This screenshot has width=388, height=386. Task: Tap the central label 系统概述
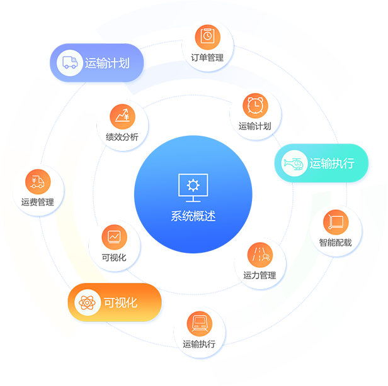193,216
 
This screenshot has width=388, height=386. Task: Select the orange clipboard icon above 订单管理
207,36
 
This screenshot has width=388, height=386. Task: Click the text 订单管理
207,57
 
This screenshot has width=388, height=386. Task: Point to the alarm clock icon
255,104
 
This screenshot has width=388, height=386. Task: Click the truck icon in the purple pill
69,63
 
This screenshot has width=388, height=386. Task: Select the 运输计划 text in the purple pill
107,63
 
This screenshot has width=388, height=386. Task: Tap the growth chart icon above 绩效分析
122,116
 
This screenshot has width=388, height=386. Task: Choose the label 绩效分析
122,136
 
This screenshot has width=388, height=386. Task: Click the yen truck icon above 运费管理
38,181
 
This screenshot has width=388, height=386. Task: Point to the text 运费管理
38,202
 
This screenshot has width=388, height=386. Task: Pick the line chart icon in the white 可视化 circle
114,236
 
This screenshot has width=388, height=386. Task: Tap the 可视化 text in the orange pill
120,302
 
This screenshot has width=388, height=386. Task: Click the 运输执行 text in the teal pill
332,164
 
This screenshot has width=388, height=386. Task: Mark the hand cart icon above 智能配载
335,221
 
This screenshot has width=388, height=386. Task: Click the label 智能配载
335,242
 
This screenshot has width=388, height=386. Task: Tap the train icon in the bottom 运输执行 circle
200,323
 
